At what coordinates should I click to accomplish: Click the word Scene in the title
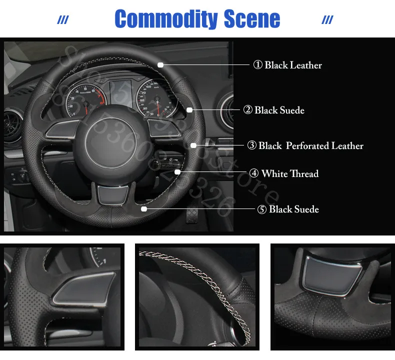click(252, 19)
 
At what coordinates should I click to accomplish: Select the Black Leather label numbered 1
click(287, 65)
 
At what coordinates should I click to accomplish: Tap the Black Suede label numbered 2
click(274, 110)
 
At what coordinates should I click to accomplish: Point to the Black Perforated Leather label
click(305, 145)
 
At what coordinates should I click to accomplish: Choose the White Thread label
click(283, 173)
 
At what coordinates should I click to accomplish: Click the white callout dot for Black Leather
click(160, 64)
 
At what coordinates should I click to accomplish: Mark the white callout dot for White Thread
click(177, 172)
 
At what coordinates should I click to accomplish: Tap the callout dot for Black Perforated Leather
click(193, 145)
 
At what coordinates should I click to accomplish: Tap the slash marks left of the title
click(63, 20)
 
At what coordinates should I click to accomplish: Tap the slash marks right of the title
click(327, 20)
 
